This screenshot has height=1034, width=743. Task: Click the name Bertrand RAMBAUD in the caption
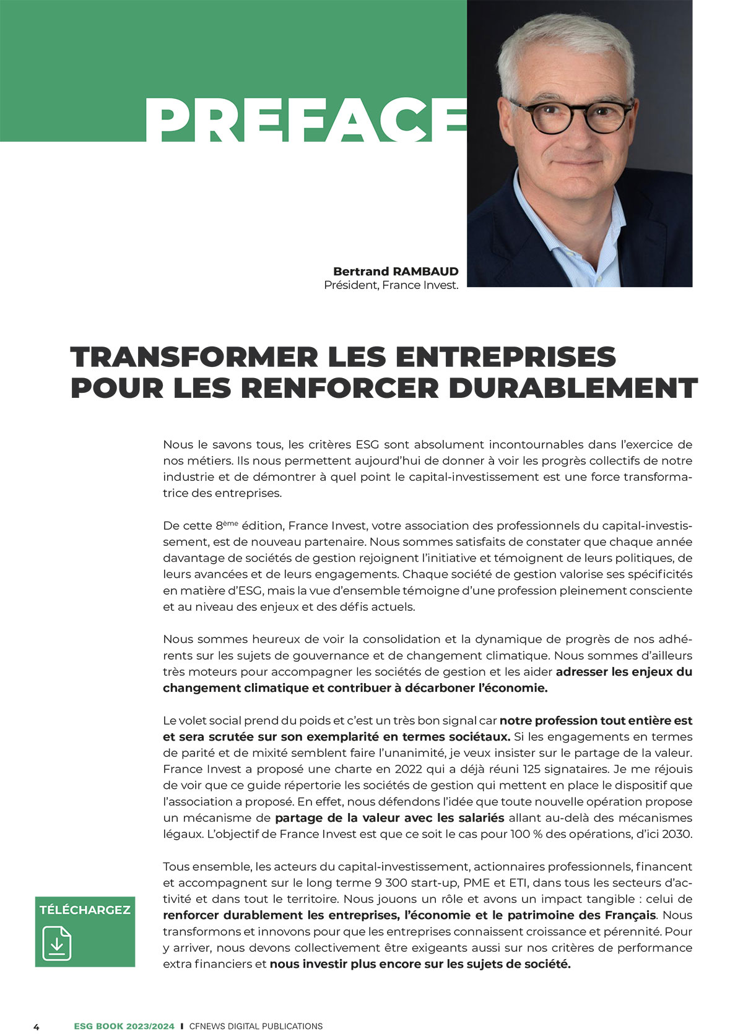396,271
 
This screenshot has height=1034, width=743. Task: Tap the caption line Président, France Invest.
391,285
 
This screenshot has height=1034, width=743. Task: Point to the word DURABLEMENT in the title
573,388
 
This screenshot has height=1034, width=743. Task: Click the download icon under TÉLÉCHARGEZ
57,943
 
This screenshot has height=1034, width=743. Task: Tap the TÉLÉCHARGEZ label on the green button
85,910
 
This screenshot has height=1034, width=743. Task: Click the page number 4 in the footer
36,1027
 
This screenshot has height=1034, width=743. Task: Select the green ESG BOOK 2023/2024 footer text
124,1026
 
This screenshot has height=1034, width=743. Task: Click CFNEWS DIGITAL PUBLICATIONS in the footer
256,1026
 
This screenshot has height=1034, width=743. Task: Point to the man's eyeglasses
578,114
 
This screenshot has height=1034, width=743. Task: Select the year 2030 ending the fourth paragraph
677,834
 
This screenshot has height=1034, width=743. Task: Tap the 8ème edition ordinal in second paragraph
227,525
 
